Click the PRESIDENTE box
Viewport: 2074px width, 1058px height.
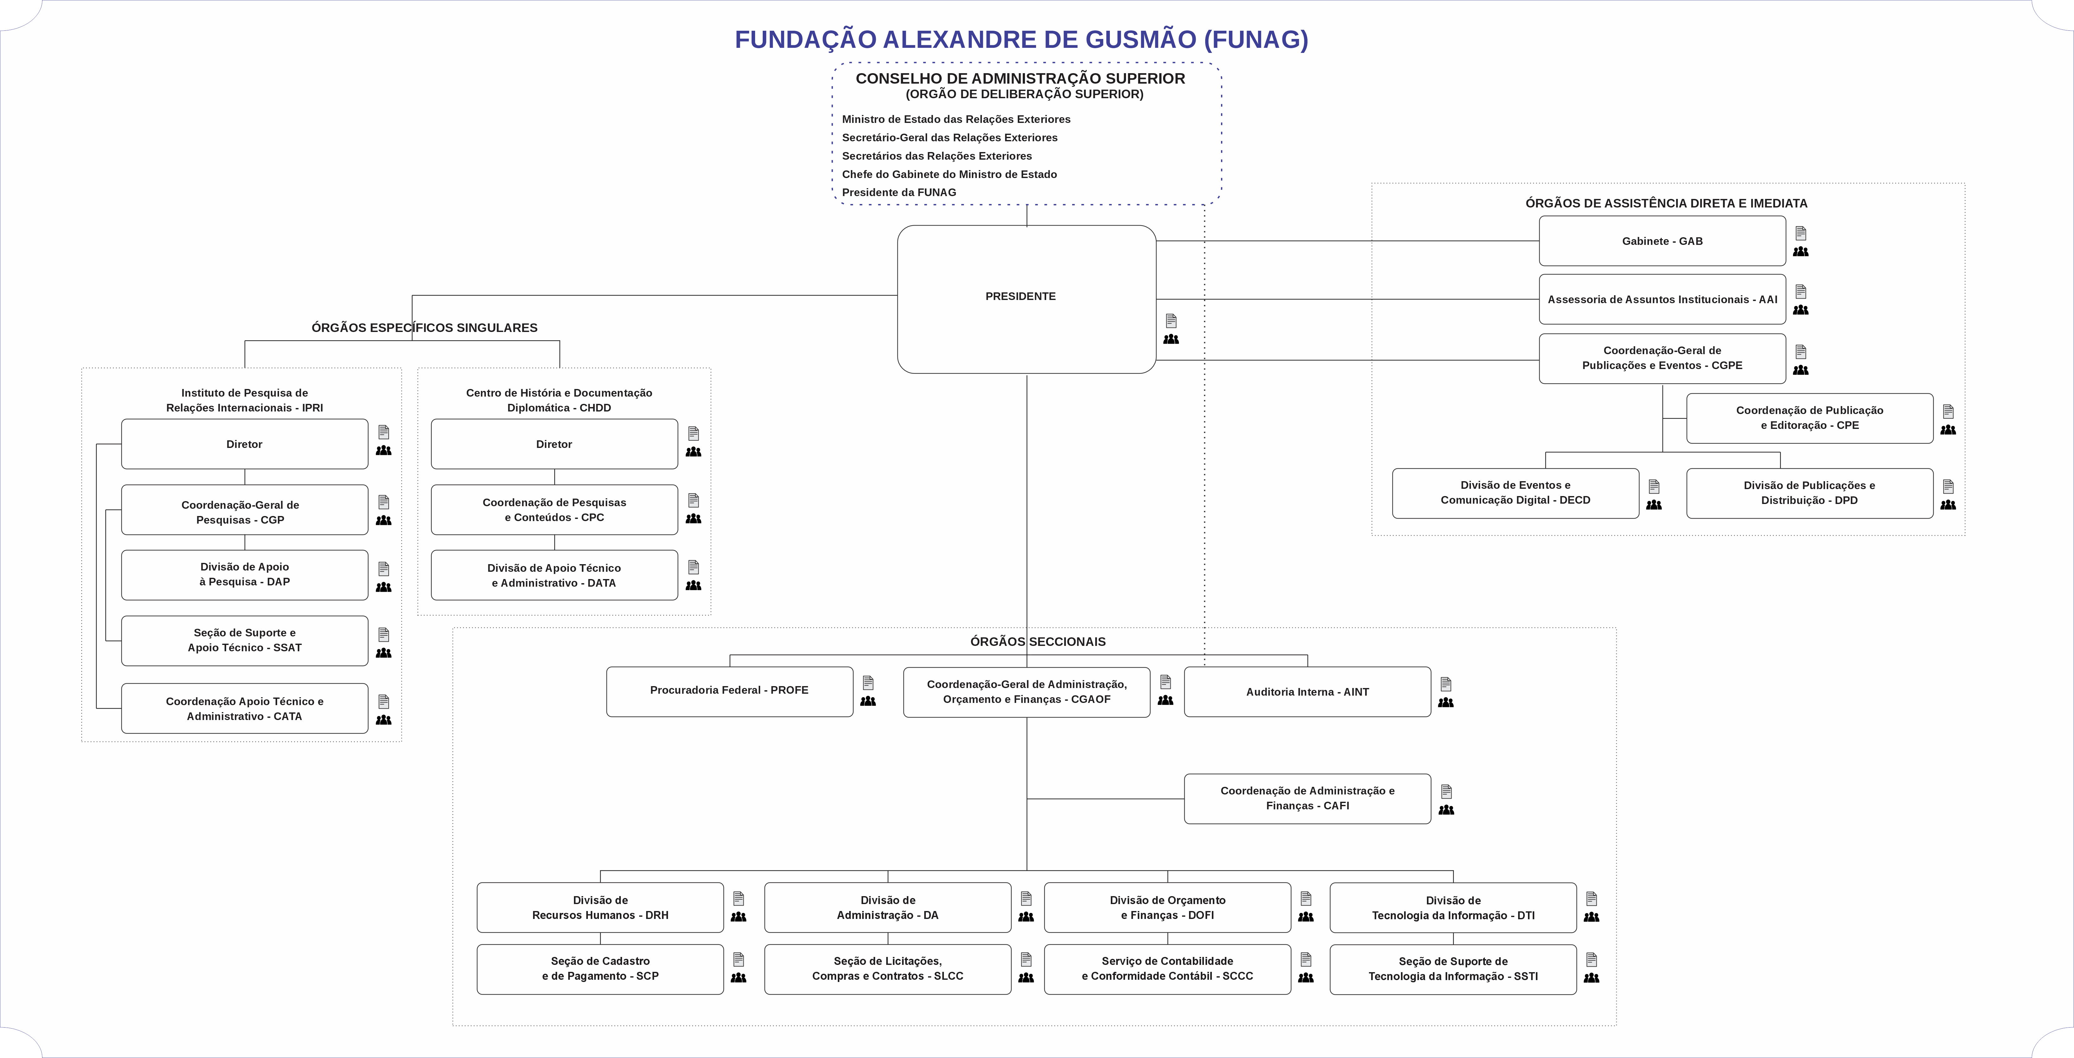click(x=1027, y=299)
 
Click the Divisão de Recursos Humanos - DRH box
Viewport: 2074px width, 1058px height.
click(x=600, y=908)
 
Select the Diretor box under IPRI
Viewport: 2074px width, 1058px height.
click(x=245, y=444)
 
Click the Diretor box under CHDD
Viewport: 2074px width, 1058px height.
click(x=554, y=444)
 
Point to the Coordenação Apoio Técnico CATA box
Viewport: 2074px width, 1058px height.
click(x=245, y=709)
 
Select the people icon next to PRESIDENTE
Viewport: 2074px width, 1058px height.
click(x=1171, y=339)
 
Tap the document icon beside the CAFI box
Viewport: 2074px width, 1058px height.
click(x=1446, y=792)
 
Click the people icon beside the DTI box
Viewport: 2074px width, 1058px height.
click(x=1592, y=917)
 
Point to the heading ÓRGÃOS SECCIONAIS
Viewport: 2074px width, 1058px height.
click(x=1038, y=642)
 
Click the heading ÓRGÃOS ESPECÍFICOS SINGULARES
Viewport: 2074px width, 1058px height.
click(x=424, y=328)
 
